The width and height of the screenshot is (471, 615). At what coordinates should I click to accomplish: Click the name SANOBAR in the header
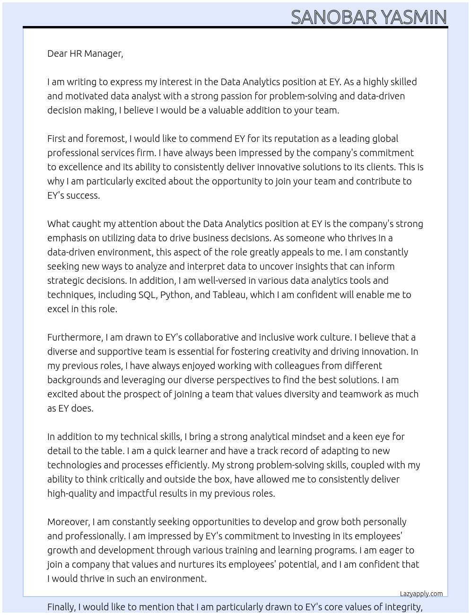(x=334, y=18)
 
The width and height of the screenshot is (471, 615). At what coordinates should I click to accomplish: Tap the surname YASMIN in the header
(x=414, y=18)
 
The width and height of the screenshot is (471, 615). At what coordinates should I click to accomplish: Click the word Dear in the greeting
(x=57, y=53)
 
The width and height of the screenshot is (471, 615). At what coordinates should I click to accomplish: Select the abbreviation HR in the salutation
(x=76, y=53)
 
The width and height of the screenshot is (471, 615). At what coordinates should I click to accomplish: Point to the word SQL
(x=147, y=295)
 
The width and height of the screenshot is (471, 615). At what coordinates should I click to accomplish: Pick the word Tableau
(x=229, y=295)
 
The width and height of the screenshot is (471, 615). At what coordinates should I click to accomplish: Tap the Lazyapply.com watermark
(x=421, y=594)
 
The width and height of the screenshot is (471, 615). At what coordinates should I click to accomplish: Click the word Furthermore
(x=75, y=337)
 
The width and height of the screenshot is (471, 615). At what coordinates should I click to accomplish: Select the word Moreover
(x=69, y=522)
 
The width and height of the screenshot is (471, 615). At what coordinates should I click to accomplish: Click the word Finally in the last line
(x=61, y=607)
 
